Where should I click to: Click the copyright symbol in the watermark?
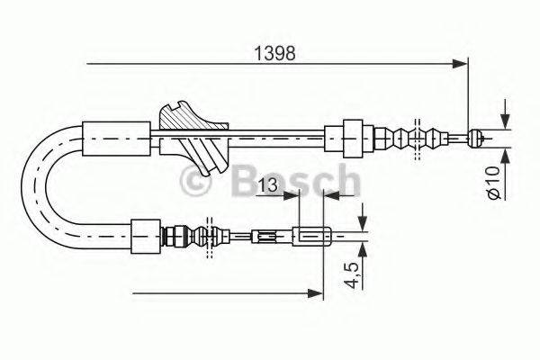point(197,183)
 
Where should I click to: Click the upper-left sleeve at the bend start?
point(117,138)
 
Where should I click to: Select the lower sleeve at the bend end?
point(145,237)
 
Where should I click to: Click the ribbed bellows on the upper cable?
point(420,139)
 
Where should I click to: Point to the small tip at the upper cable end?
point(479,138)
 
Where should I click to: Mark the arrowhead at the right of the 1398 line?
point(463,63)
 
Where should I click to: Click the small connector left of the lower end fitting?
point(265,238)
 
